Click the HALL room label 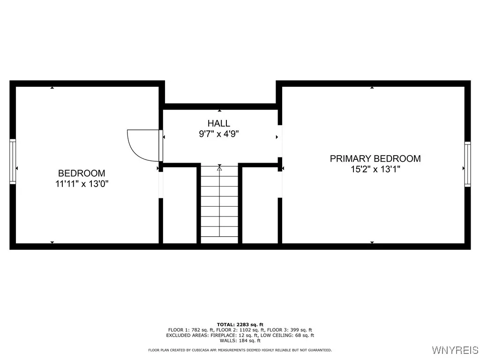click(219, 123)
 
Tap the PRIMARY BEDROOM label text click(375, 158)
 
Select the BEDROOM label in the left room click(82, 173)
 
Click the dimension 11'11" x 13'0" click(82, 184)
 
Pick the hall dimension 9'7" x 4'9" click(219, 134)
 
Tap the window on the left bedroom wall click(13, 161)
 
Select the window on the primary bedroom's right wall click(467, 164)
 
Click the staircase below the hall click(219, 206)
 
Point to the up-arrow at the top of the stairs click(219, 168)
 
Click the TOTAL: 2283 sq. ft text click(240, 324)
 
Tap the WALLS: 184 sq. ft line click(240, 341)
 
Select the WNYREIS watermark click(455, 350)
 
